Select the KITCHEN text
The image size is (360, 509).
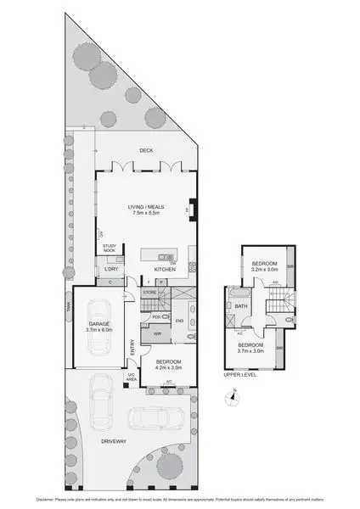165,270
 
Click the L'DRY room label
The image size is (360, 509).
110,270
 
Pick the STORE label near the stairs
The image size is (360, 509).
150,293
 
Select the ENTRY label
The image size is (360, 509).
132,347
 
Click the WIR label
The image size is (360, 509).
158,334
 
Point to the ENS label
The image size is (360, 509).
179,320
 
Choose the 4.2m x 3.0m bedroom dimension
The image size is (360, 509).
169,366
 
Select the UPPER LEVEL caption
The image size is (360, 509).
239,372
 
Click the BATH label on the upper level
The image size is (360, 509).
241,307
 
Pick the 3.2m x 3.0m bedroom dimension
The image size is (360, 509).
265,269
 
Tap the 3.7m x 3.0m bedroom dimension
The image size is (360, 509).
250,350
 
